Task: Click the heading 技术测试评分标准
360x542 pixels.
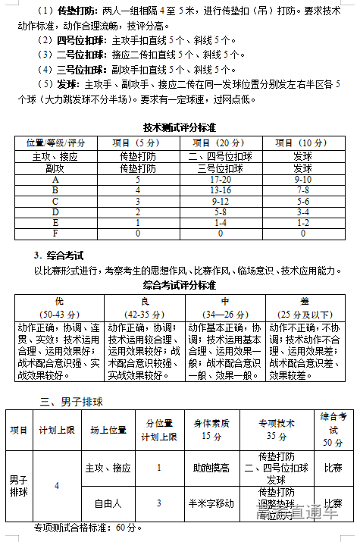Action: [x=180, y=127]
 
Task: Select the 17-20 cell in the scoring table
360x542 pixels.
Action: [x=220, y=180]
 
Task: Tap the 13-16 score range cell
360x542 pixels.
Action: [x=220, y=190]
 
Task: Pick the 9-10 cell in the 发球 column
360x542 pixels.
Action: [x=302, y=180]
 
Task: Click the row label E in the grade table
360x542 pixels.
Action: [x=55, y=223]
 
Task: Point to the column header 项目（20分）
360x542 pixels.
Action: [x=220, y=143]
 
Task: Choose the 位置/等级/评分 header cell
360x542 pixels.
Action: [x=55, y=143]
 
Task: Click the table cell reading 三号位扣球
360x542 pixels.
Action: [x=220, y=168]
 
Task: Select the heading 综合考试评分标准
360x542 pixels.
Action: [x=180, y=285]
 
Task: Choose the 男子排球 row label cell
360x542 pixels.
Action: [x=18, y=485]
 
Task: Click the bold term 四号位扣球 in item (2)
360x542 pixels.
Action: [x=81, y=40]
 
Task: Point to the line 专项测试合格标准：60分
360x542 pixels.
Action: [x=88, y=527]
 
